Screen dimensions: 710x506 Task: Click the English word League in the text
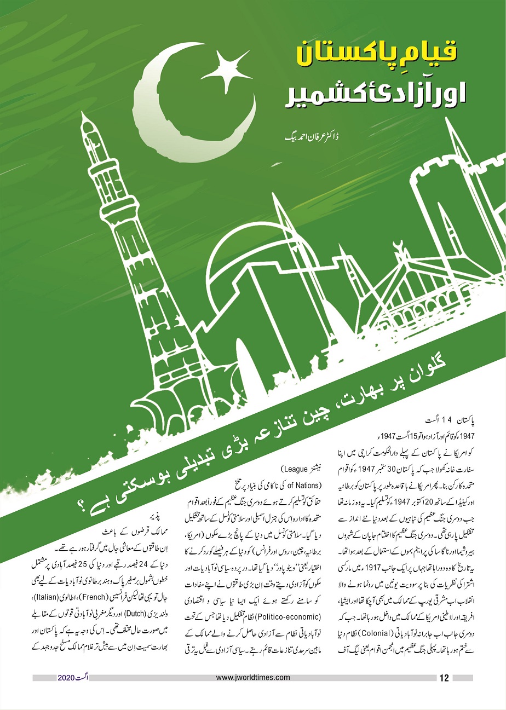tap(296, 469)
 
